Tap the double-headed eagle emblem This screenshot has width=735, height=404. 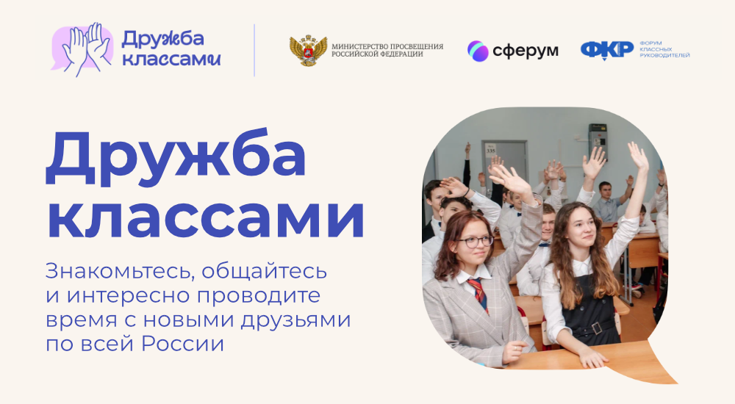tap(308, 50)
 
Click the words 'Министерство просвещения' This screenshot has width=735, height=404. tap(387, 46)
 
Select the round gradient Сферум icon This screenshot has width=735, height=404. tap(478, 51)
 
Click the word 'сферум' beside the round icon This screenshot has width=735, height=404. tap(526, 51)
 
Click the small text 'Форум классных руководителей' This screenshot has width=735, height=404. tap(664, 49)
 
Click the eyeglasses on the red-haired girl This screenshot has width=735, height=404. tap(473, 242)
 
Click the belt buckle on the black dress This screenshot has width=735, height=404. tap(596, 328)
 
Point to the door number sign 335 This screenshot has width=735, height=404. tap(491, 151)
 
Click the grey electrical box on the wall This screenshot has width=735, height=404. tap(598, 140)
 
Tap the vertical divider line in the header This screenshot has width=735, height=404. tap(254, 50)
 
